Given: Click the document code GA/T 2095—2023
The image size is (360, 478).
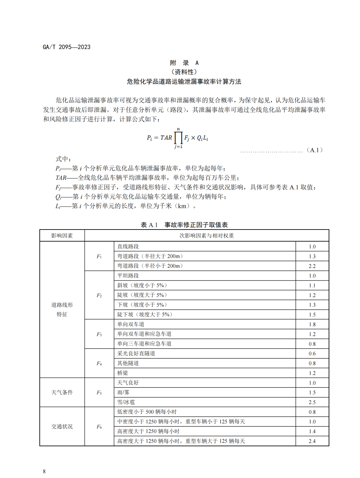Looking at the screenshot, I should (x=66, y=47).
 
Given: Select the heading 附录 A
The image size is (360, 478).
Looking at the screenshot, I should (x=184, y=63).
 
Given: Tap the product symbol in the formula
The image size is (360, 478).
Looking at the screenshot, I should (x=179, y=137).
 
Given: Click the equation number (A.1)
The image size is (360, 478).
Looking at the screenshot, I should (x=314, y=150).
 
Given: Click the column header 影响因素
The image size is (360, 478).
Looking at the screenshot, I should (x=62, y=236).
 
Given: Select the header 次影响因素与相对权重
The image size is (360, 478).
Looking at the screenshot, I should (x=207, y=236).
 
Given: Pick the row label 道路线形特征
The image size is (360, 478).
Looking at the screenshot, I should (x=62, y=309).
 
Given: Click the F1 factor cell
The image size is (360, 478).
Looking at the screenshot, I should (x=99, y=256).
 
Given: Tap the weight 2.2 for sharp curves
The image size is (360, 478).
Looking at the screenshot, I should (x=312, y=266).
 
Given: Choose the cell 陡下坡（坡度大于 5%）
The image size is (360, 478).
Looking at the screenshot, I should (x=145, y=314).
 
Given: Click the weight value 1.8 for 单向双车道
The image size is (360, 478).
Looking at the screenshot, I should (x=312, y=324).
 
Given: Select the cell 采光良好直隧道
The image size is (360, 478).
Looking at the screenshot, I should (x=136, y=353).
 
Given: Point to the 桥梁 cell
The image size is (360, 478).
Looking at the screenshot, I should (x=123, y=373).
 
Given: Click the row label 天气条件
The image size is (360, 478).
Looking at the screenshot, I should (x=62, y=392).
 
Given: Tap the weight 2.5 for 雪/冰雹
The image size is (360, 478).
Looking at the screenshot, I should (x=312, y=402).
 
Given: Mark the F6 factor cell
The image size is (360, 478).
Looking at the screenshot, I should (x=99, y=427).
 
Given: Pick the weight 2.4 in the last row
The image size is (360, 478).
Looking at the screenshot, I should (x=312, y=441).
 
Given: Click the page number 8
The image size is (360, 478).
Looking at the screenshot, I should (x=44, y=471).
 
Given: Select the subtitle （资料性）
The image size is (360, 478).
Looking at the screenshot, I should (x=184, y=72).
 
